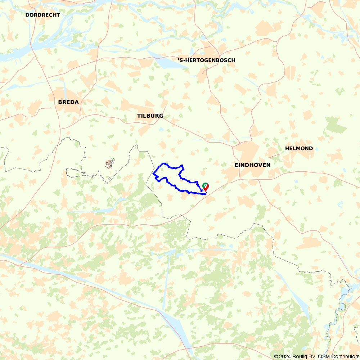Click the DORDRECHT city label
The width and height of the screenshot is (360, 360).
(x=42, y=15)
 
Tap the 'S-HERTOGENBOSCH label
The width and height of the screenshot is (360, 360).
(x=207, y=60)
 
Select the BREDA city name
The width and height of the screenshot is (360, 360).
(x=68, y=102)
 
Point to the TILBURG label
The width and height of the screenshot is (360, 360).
(x=150, y=116)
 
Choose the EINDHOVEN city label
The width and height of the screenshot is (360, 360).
(x=252, y=165)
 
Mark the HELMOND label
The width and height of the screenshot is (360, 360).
(x=299, y=148)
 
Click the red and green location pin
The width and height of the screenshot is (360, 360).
(x=205, y=186)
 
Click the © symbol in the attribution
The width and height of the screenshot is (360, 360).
(x=276, y=356)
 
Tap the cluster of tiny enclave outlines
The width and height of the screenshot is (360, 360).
(x=110, y=164)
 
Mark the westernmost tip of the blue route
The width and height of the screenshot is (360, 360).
(x=153, y=174)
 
